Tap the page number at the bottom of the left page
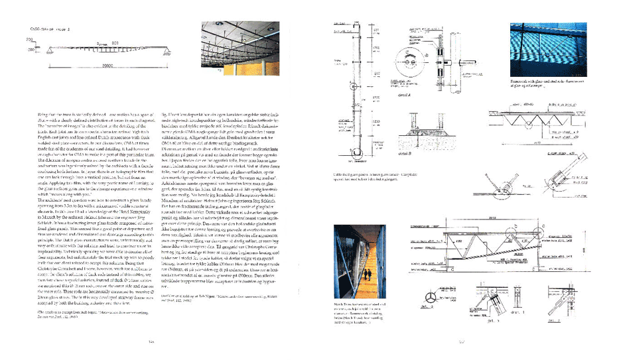point(151,342)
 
